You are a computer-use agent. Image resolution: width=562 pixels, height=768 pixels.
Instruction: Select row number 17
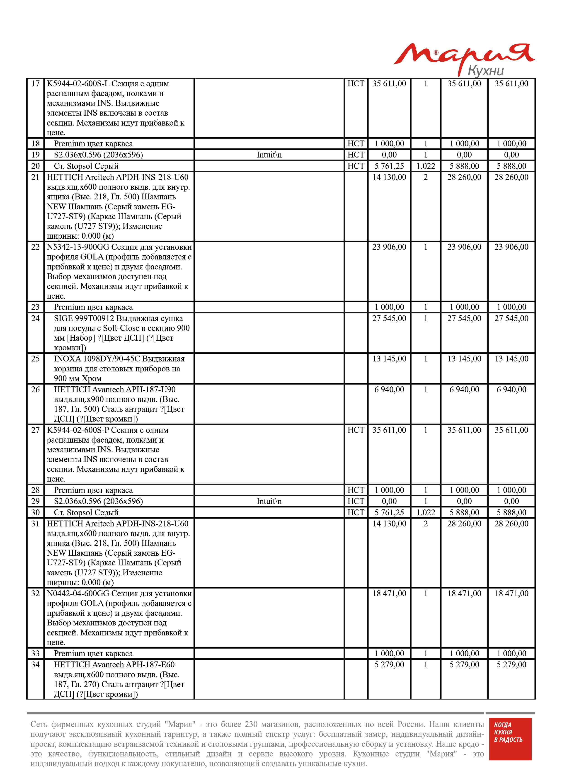click(x=35, y=84)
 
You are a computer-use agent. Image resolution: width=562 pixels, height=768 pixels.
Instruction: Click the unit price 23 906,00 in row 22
click(x=389, y=247)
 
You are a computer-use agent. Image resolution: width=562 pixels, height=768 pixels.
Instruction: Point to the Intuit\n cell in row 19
click(x=269, y=155)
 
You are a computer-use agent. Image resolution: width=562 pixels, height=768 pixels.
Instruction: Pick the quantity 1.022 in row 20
click(x=425, y=166)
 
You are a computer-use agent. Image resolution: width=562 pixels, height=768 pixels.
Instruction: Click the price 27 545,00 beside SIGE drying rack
click(x=389, y=319)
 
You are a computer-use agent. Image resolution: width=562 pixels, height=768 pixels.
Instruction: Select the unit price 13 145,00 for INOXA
click(x=389, y=359)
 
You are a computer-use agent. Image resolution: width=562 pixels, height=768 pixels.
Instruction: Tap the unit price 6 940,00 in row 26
click(x=389, y=390)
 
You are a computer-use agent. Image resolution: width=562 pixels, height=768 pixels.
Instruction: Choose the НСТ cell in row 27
click(x=356, y=430)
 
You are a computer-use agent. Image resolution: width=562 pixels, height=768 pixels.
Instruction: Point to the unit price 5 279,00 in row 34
click(x=389, y=665)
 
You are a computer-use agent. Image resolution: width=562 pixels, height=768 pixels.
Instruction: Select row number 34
click(x=35, y=665)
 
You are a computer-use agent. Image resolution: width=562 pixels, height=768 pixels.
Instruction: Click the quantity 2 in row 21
click(x=425, y=177)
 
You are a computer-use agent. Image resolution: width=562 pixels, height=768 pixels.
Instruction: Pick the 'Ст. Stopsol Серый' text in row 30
click(x=86, y=513)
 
